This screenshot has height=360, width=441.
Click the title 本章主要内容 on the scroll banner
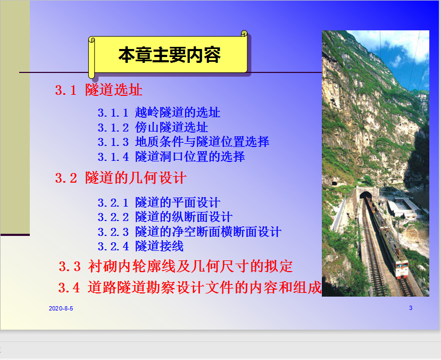[x=169, y=55]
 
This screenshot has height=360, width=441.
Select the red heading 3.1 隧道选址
[x=99, y=90]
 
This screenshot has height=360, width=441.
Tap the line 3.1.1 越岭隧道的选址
[x=159, y=112]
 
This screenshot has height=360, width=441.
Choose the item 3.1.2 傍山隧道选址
[x=153, y=127]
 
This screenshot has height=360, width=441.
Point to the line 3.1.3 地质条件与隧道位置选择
[x=184, y=142]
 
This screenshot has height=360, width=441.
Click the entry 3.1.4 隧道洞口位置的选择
[x=171, y=157]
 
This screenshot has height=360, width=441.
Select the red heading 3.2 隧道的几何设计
[x=121, y=178]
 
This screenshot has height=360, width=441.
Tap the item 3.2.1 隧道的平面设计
[x=159, y=202]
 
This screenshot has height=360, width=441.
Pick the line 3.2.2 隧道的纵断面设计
[x=165, y=217]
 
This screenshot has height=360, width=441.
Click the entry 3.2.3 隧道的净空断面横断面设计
[x=189, y=232]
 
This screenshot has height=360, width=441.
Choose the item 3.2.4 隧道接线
[x=140, y=246]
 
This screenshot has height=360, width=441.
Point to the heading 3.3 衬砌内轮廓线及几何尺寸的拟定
[x=176, y=266]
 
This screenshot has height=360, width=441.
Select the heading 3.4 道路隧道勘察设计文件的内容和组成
[x=190, y=288]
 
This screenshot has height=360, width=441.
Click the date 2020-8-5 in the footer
[x=61, y=308]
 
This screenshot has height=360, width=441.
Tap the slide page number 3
[x=411, y=308]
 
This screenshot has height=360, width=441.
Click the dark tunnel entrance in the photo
[x=365, y=195]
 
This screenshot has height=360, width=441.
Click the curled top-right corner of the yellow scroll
[x=244, y=34]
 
